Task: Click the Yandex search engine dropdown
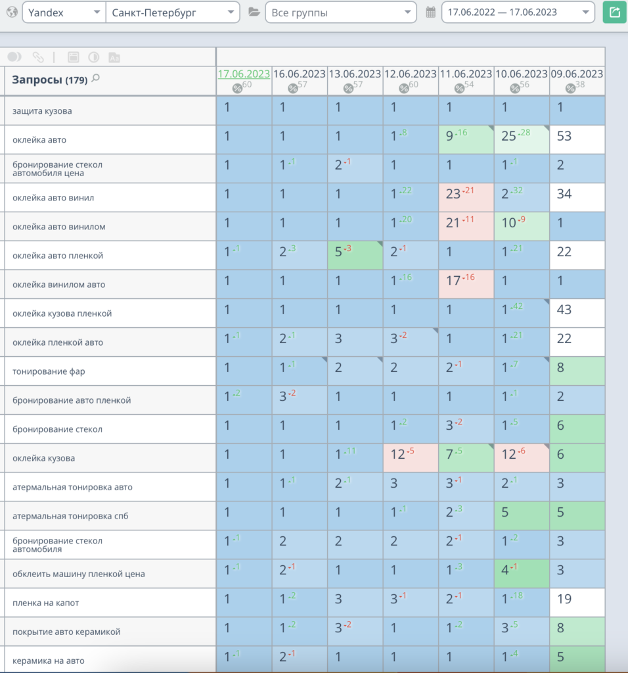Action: point(64,12)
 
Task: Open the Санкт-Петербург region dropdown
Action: point(173,12)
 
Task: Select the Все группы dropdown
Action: point(341,12)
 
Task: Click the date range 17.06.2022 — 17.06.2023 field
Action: point(518,12)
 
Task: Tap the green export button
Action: point(615,12)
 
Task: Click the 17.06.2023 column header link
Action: point(244,74)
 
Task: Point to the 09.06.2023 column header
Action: point(577,74)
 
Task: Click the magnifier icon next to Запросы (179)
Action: point(96,78)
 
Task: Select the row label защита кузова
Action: point(42,110)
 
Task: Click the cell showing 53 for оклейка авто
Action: point(577,139)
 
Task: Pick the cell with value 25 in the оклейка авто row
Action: point(522,139)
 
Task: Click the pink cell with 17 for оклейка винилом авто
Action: point(466,284)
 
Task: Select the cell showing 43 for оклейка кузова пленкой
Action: point(577,313)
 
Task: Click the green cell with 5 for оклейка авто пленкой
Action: point(355,256)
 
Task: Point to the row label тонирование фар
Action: point(49,371)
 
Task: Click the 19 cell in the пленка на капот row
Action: point(577,603)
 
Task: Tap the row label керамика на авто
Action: point(49,661)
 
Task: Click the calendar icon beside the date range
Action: point(431,12)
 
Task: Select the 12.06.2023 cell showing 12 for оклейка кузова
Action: point(411,458)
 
